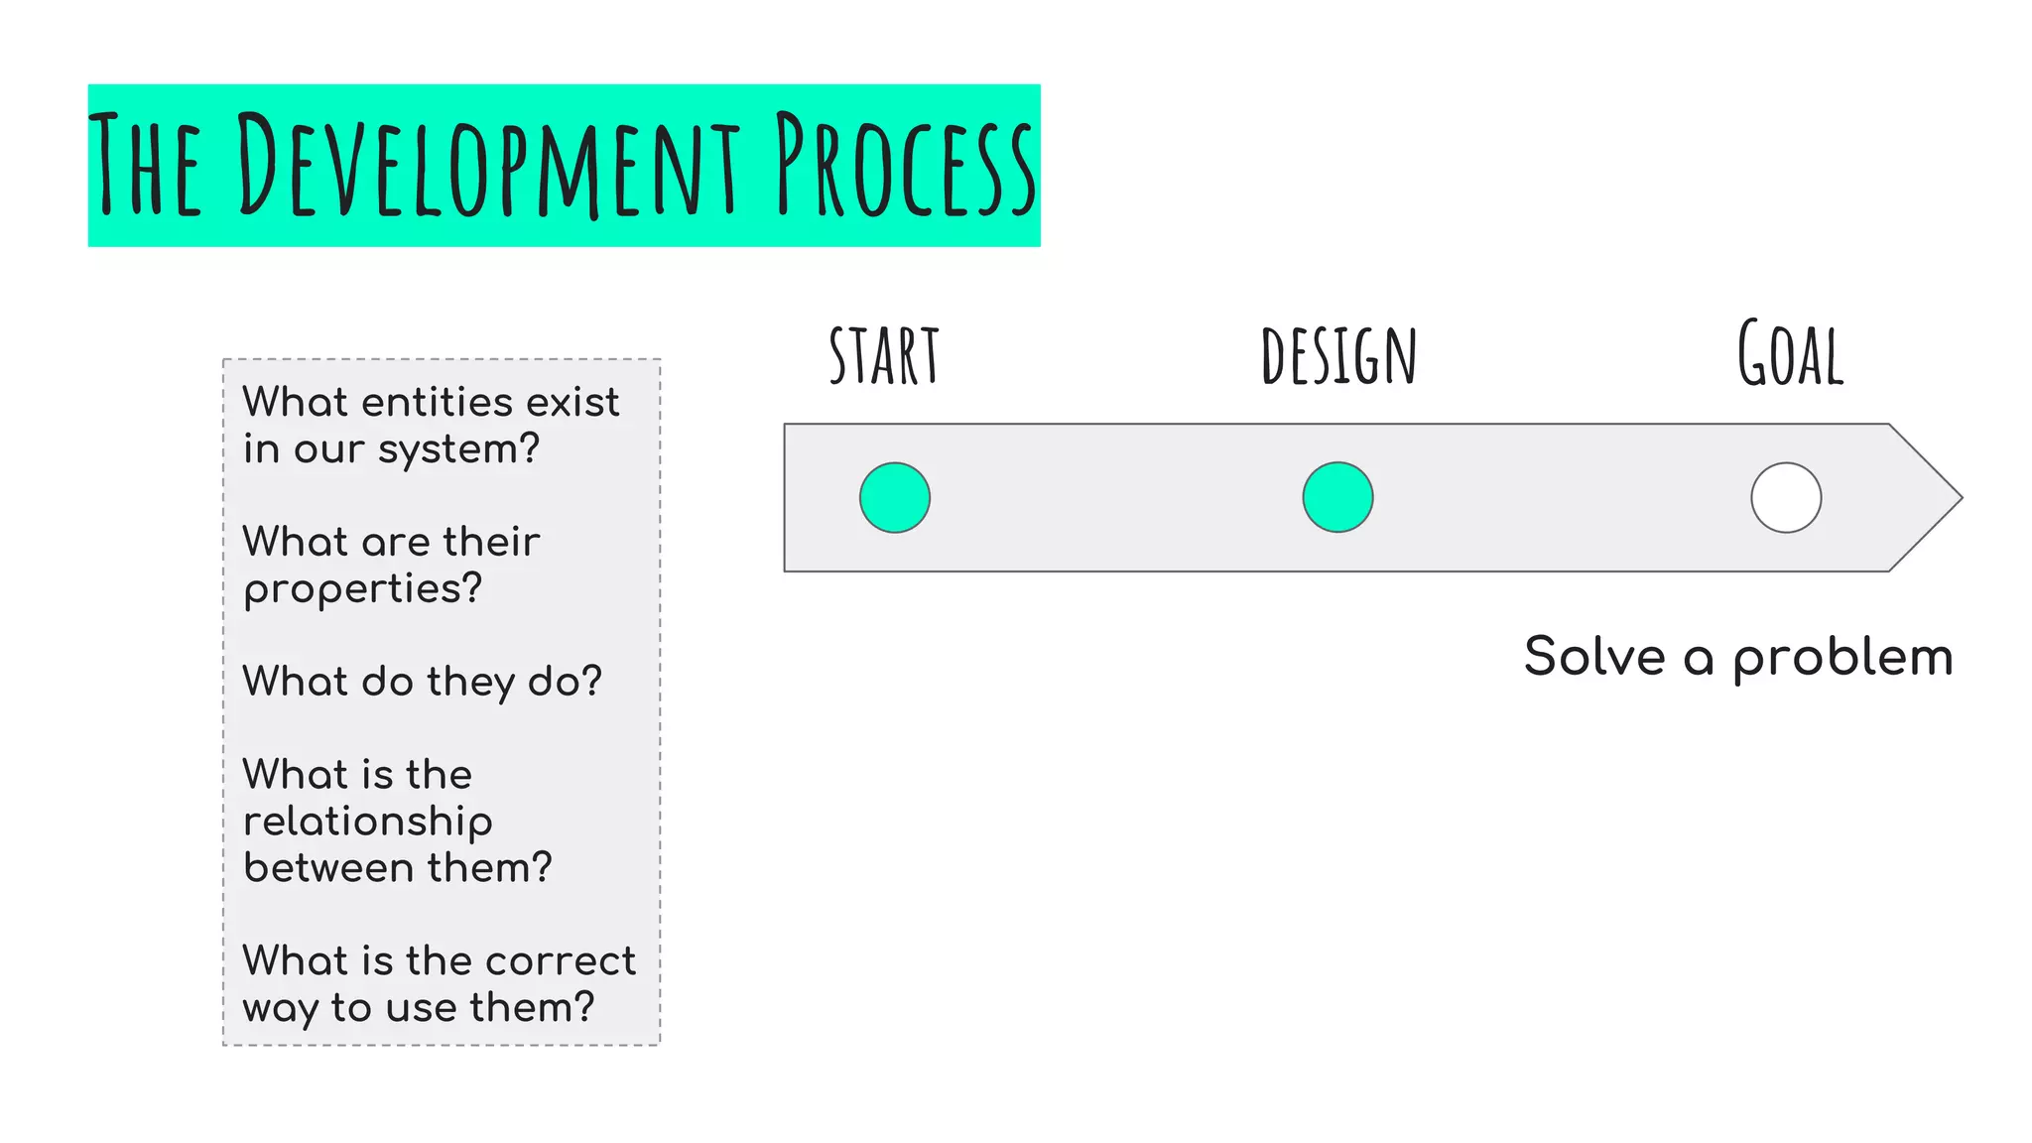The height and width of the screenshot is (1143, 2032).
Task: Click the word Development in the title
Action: (x=488, y=165)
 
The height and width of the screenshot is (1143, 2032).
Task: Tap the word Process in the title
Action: (x=905, y=165)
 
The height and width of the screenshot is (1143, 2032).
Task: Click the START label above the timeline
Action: (x=883, y=356)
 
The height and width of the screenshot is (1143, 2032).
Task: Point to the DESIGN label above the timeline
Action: (x=1338, y=356)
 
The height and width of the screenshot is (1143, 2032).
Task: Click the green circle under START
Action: (x=894, y=497)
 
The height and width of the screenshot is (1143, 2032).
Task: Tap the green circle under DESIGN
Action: (x=1337, y=497)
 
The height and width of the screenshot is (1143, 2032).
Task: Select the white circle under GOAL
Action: (x=1786, y=497)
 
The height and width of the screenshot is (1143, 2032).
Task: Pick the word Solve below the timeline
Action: (x=1594, y=657)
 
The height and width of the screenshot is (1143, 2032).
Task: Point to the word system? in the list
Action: (x=458, y=449)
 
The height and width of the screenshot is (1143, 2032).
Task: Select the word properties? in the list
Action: (x=363, y=589)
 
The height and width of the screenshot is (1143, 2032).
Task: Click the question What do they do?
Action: (x=423, y=682)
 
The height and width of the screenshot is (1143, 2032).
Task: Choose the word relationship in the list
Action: (x=368, y=822)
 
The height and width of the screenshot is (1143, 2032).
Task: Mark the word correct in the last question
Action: (x=561, y=960)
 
